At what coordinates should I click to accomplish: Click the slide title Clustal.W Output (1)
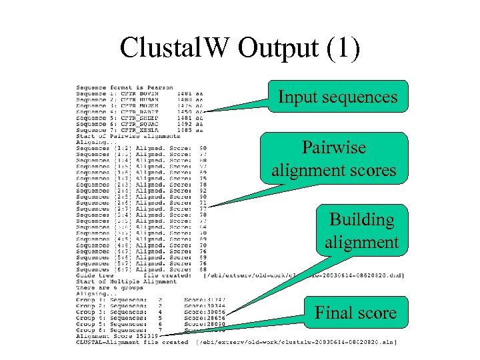[240, 48]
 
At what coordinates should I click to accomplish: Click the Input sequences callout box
[337, 97]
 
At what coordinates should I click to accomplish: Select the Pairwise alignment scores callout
[333, 159]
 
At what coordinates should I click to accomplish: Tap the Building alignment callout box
[361, 231]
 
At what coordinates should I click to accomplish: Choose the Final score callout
[355, 313]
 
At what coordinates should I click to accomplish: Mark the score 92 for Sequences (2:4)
[202, 191]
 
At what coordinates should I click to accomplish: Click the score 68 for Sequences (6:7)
[202, 269]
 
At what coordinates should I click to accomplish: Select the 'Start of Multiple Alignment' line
[126, 281]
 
